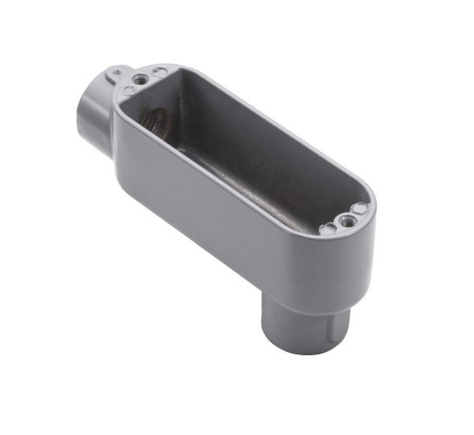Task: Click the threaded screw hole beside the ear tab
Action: [x=141, y=79]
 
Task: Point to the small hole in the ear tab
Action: [x=117, y=72]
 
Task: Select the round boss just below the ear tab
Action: [x=128, y=90]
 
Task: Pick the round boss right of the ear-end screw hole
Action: [x=161, y=73]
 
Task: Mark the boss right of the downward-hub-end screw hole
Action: [x=359, y=208]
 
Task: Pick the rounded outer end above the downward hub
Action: [x=353, y=257]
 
